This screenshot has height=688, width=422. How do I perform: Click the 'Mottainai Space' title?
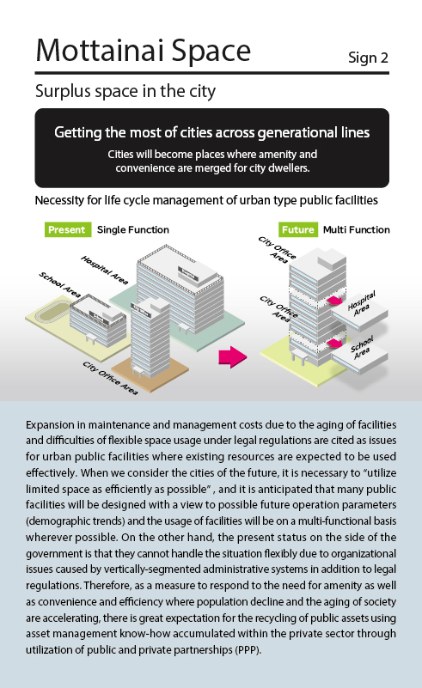coord(144,51)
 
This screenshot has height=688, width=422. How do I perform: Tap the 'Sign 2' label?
coord(368,58)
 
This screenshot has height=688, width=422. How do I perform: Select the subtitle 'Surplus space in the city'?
coord(125,91)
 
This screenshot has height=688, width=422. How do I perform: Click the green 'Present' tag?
coord(68,229)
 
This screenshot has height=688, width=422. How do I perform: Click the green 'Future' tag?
coord(298,229)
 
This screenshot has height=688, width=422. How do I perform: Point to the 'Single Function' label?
coord(133,229)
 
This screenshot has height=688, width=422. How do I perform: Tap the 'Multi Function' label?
coord(357,229)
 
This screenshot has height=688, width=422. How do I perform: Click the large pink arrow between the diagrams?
coord(233,356)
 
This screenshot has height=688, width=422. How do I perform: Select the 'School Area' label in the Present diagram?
coord(59,285)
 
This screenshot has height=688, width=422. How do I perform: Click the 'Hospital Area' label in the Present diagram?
coord(104,270)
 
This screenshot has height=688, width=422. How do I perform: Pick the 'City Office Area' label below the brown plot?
coord(110,378)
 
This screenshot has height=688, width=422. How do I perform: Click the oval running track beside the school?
coord(52,314)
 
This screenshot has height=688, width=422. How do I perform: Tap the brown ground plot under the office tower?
coord(150,372)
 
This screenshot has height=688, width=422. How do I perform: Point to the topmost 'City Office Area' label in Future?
coord(277,250)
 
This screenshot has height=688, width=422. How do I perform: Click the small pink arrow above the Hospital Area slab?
coord(334,300)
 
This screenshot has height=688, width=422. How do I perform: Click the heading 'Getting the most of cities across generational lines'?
coord(212,132)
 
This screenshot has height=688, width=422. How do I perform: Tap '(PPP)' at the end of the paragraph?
coord(248,650)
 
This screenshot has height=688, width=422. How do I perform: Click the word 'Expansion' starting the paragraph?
coord(50,425)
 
